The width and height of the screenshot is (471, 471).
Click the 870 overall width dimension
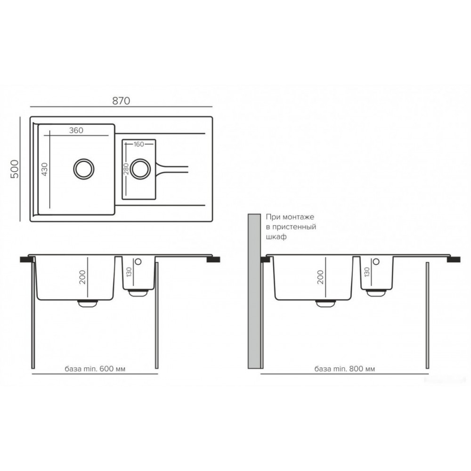(x=121, y=101)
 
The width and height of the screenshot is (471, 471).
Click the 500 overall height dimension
(x=15, y=169)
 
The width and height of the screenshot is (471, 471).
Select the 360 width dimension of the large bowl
(x=76, y=130)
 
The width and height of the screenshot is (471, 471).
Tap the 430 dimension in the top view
(x=44, y=169)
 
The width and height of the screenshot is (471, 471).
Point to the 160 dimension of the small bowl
(x=139, y=145)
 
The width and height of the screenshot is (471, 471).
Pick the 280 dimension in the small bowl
(x=126, y=169)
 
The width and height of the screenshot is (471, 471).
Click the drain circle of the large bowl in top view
(x=84, y=169)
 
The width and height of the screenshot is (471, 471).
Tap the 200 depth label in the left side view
(x=82, y=277)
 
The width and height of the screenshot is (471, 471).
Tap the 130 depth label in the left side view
(x=129, y=272)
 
